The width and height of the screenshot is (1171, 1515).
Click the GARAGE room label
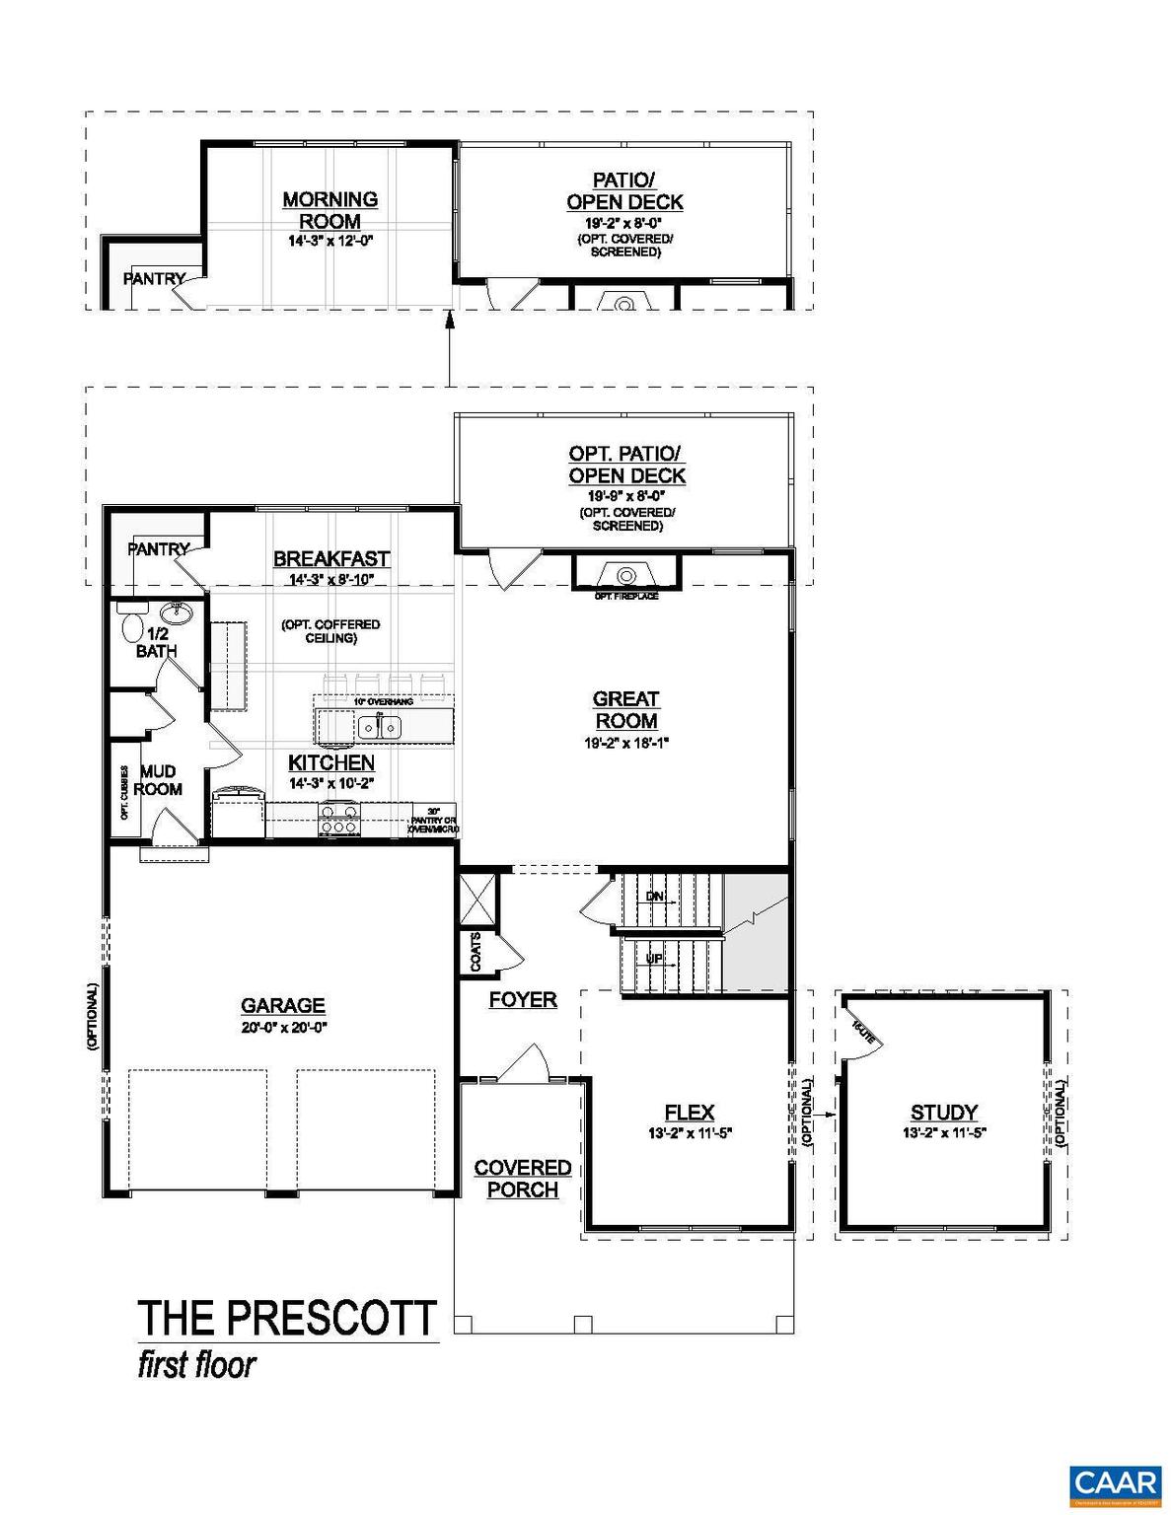tap(283, 1005)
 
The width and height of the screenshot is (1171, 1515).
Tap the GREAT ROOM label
tap(625, 709)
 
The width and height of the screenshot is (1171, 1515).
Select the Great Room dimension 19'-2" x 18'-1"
tap(625, 744)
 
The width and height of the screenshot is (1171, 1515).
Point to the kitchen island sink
tap(379, 728)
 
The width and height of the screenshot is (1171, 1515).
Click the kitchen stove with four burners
tap(339, 819)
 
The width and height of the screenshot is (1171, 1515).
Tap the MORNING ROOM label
tap(330, 210)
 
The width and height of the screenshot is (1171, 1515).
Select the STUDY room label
tap(944, 1113)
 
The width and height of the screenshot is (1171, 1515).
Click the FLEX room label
tap(690, 1113)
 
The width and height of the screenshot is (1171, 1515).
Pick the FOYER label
tap(523, 1000)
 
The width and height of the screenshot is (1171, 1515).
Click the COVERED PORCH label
tap(523, 1179)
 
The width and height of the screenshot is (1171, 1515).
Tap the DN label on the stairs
tap(655, 897)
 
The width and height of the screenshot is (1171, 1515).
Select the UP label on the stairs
tap(654, 958)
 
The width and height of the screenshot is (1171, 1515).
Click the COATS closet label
tap(476, 951)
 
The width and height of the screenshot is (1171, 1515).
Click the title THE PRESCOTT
tap(287, 1318)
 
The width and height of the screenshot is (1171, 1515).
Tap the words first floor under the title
tap(196, 1365)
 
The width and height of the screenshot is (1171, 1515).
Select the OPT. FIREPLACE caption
tap(625, 596)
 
